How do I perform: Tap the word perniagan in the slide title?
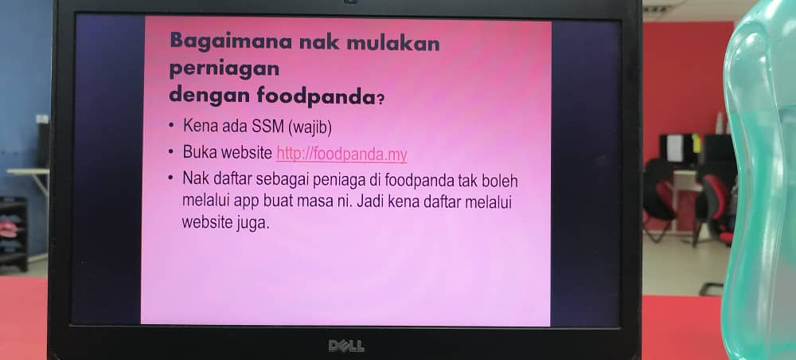point(224,69)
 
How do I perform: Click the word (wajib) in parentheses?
point(310,127)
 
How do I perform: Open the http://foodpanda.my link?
point(341,154)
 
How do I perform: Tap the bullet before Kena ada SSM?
point(172,126)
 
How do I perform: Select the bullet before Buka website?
point(172,152)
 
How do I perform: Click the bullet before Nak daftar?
point(172,178)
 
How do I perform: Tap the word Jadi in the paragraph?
point(369,201)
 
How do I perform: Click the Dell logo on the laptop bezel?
point(346,346)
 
